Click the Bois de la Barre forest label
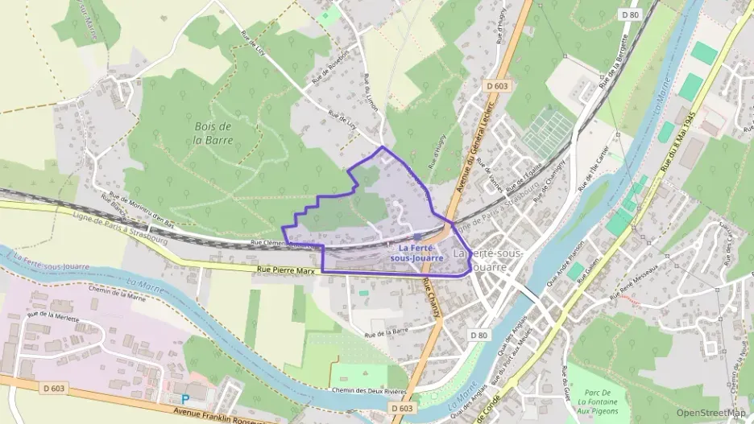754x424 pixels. pos(213,133)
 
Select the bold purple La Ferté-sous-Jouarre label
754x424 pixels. pos(416,253)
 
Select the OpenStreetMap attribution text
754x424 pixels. pos(710,413)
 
